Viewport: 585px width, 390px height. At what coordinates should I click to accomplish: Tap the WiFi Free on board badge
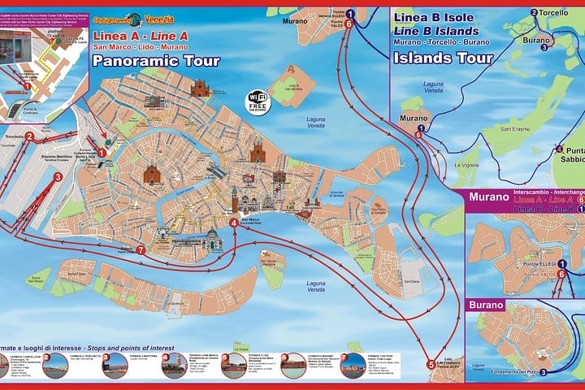point(258,103)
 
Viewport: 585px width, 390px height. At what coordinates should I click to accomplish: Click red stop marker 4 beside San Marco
point(234,223)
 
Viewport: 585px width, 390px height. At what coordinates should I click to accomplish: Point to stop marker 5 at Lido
point(431,365)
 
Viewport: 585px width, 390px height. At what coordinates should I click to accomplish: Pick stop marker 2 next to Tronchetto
point(29,136)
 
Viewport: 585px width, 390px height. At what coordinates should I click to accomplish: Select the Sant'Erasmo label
point(515,128)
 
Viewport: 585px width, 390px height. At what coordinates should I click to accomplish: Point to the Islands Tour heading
point(443,58)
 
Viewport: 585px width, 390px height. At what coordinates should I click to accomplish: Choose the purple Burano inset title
point(485,305)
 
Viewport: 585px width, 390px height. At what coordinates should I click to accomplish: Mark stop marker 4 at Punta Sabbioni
point(559,149)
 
